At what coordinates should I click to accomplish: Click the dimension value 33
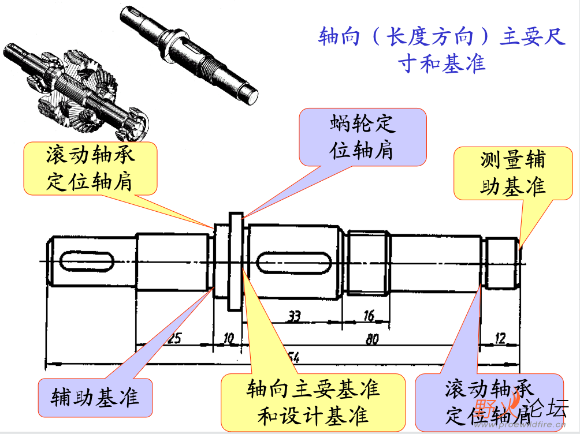295,316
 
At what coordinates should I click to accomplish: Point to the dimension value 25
174,338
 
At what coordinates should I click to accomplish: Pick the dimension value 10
229,338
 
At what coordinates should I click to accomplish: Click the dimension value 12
500,338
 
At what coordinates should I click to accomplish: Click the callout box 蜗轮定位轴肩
363,136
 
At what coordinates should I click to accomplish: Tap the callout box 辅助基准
95,398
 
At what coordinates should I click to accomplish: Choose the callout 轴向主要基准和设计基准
313,401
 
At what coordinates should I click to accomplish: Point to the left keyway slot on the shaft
86,263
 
